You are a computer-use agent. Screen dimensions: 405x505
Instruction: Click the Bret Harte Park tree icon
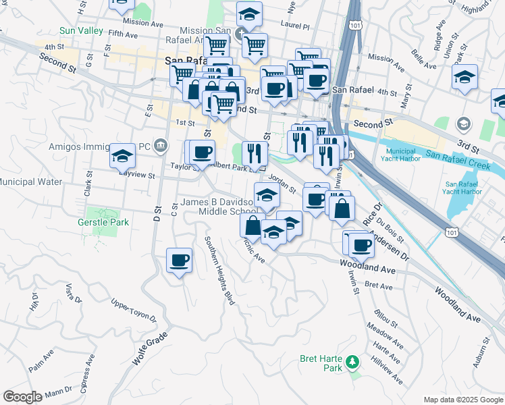point(351,362)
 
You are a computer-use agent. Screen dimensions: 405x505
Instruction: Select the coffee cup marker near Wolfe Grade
point(179,261)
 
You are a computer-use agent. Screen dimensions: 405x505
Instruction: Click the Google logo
point(22,397)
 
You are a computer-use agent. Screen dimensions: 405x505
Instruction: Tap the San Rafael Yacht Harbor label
point(464,187)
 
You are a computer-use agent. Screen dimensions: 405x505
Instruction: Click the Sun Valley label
point(81,31)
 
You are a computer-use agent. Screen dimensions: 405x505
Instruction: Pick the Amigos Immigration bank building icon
point(161,143)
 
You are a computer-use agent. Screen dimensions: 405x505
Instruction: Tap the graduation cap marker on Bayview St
point(122,157)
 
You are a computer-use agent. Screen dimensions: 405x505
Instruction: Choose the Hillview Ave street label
point(388,370)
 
